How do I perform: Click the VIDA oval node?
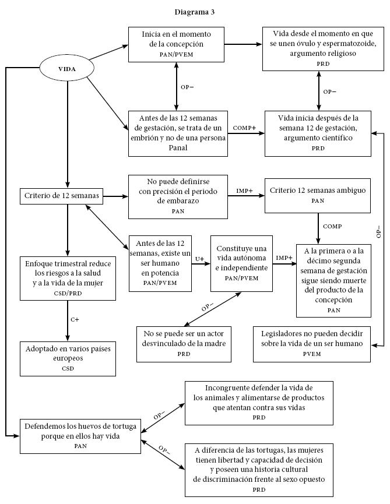[67, 69]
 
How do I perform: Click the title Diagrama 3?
[195, 12]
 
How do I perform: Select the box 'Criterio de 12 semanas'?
[61, 196]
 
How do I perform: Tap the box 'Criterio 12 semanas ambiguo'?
[318, 195]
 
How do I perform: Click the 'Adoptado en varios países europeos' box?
[68, 359]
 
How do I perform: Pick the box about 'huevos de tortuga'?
[80, 436]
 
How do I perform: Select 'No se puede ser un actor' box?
[184, 344]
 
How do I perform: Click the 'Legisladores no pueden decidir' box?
[312, 344]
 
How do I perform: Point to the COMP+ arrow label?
[244, 128]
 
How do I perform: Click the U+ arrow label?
[199, 259]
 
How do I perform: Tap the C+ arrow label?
[75, 319]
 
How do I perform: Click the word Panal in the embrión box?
[178, 147]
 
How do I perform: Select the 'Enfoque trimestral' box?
[68, 279]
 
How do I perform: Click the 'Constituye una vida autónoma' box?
[241, 263]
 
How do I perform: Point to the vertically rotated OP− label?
[378, 231]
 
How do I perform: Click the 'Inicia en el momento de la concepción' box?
[176, 44]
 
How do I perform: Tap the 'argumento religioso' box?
[323, 49]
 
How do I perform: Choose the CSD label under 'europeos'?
[68, 369]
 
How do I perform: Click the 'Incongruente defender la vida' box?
[259, 403]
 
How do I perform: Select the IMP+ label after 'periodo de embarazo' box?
[244, 191]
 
